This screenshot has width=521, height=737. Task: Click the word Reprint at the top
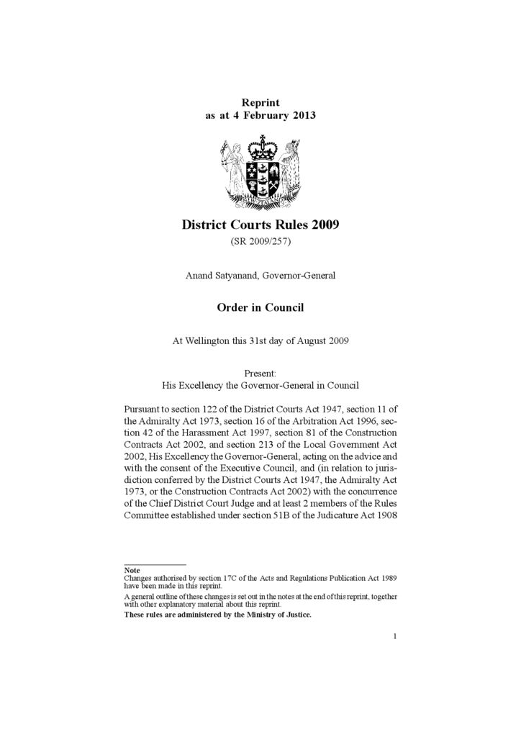coord(260,103)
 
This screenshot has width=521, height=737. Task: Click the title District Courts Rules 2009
coord(260,225)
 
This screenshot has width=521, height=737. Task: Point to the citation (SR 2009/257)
coord(260,242)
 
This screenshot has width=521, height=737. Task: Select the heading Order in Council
coord(260,307)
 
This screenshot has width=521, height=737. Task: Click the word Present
coord(260,373)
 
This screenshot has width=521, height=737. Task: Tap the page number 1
coord(395,636)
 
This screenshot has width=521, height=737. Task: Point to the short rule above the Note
coord(155,564)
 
